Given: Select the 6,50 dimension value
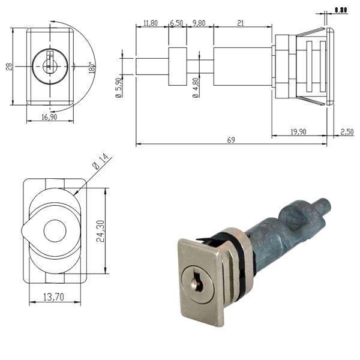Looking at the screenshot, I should (177, 23).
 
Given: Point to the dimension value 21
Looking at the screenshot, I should (241, 23).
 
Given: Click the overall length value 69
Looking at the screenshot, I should (232, 140).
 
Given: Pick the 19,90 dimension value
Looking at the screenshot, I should (298, 131).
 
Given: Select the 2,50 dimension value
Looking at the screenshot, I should (347, 131).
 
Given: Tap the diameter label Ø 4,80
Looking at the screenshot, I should (196, 88).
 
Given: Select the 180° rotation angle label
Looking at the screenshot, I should (92, 66).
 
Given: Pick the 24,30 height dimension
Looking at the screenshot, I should (111, 231).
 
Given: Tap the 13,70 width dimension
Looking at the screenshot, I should (54, 297).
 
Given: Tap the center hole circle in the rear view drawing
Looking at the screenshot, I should (54, 231).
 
